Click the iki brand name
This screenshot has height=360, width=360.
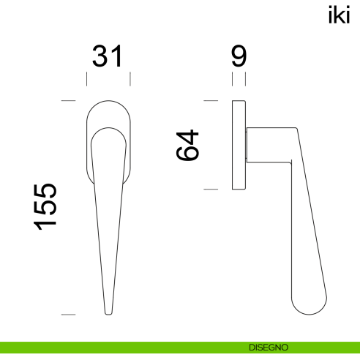tap(340, 16)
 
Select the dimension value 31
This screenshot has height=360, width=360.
tap(108, 57)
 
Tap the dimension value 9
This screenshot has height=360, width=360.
tap(239, 57)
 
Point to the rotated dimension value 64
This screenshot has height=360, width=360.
tap(189, 145)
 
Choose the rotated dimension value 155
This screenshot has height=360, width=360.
tap(45, 206)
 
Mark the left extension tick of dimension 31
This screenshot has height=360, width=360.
tap(87, 78)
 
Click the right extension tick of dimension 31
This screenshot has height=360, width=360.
tap(130, 78)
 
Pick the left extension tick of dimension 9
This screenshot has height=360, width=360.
tap(232, 78)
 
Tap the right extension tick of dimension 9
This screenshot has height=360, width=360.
tap(245, 78)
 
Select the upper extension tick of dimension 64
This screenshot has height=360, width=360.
tap(211, 100)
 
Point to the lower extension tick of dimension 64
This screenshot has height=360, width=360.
tap(211, 189)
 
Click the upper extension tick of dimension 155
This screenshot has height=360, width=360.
tap(69, 100)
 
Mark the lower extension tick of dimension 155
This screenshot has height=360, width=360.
tap(69, 315)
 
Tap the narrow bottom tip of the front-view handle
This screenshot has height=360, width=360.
tap(108, 312)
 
